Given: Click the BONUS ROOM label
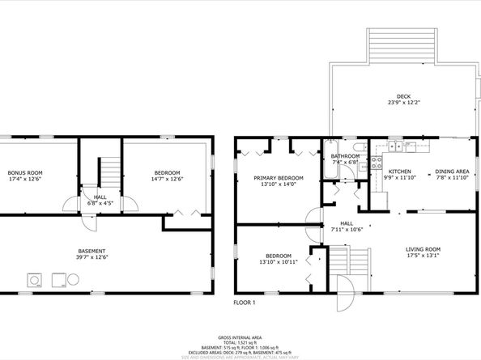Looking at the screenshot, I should click(x=25, y=172).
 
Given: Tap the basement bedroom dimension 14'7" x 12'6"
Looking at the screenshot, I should click(x=167, y=180).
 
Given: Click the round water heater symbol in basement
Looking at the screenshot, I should click(x=74, y=281).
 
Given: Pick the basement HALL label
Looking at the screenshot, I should click(x=100, y=197).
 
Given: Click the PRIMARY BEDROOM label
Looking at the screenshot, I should click(x=278, y=177).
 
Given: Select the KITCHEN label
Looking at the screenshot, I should click(x=400, y=172).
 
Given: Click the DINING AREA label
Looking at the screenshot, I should click(x=452, y=172).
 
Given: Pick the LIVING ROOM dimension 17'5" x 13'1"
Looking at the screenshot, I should click(x=423, y=256).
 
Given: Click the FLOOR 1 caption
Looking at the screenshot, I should click(x=244, y=303).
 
